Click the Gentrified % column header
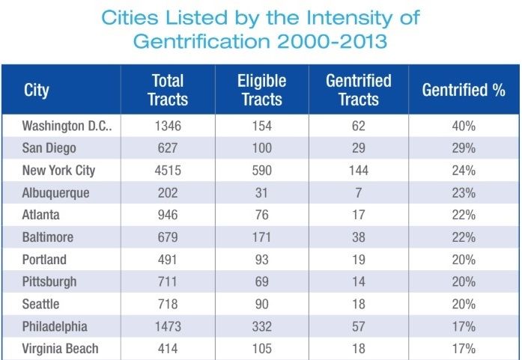click(464, 91)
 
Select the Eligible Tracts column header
click(261, 90)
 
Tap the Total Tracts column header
click(169, 90)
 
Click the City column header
click(37, 91)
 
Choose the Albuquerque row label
click(56, 192)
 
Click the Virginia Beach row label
click(61, 349)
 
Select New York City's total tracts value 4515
click(168, 170)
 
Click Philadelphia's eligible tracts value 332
click(261, 326)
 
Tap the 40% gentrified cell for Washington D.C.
click(464, 126)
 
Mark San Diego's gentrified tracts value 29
click(358, 148)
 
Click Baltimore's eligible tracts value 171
click(261, 237)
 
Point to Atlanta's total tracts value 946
click(168, 215)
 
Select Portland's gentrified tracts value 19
click(358, 260)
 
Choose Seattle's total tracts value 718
click(168, 305)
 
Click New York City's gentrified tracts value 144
click(358, 170)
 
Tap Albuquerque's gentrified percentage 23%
click(464, 192)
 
